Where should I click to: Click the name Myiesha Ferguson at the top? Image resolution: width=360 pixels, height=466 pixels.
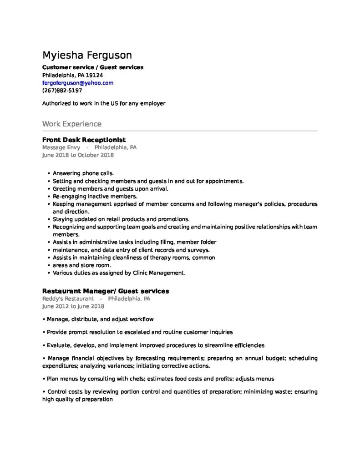(x=87, y=56)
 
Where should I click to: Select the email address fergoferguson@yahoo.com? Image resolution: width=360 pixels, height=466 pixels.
(x=78, y=83)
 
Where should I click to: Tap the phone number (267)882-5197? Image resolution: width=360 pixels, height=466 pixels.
(x=62, y=91)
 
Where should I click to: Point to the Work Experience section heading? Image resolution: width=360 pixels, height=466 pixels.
(x=72, y=124)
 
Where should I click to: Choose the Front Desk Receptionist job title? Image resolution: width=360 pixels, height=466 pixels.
(x=84, y=140)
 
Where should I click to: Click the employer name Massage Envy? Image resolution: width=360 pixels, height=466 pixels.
(x=61, y=147)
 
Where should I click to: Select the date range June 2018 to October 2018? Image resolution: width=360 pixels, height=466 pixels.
(x=78, y=155)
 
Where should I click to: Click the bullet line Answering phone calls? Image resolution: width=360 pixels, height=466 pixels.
(x=83, y=173)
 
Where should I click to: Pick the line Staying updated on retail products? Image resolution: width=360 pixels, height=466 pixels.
(x=121, y=219)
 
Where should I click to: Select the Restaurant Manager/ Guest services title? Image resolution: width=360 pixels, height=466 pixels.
(x=106, y=291)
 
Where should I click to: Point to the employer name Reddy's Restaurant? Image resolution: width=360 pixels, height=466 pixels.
(x=68, y=299)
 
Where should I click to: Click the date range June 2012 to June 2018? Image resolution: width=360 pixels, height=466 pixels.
(x=73, y=306)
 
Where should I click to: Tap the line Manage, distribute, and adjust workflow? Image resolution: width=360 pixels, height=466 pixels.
(x=100, y=319)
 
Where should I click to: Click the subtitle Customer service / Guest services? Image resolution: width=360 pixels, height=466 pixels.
(x=93, y=67)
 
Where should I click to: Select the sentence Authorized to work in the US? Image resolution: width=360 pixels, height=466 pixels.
(x=104, y=103)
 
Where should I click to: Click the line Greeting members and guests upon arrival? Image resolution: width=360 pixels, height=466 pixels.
(x=111, y=188)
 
